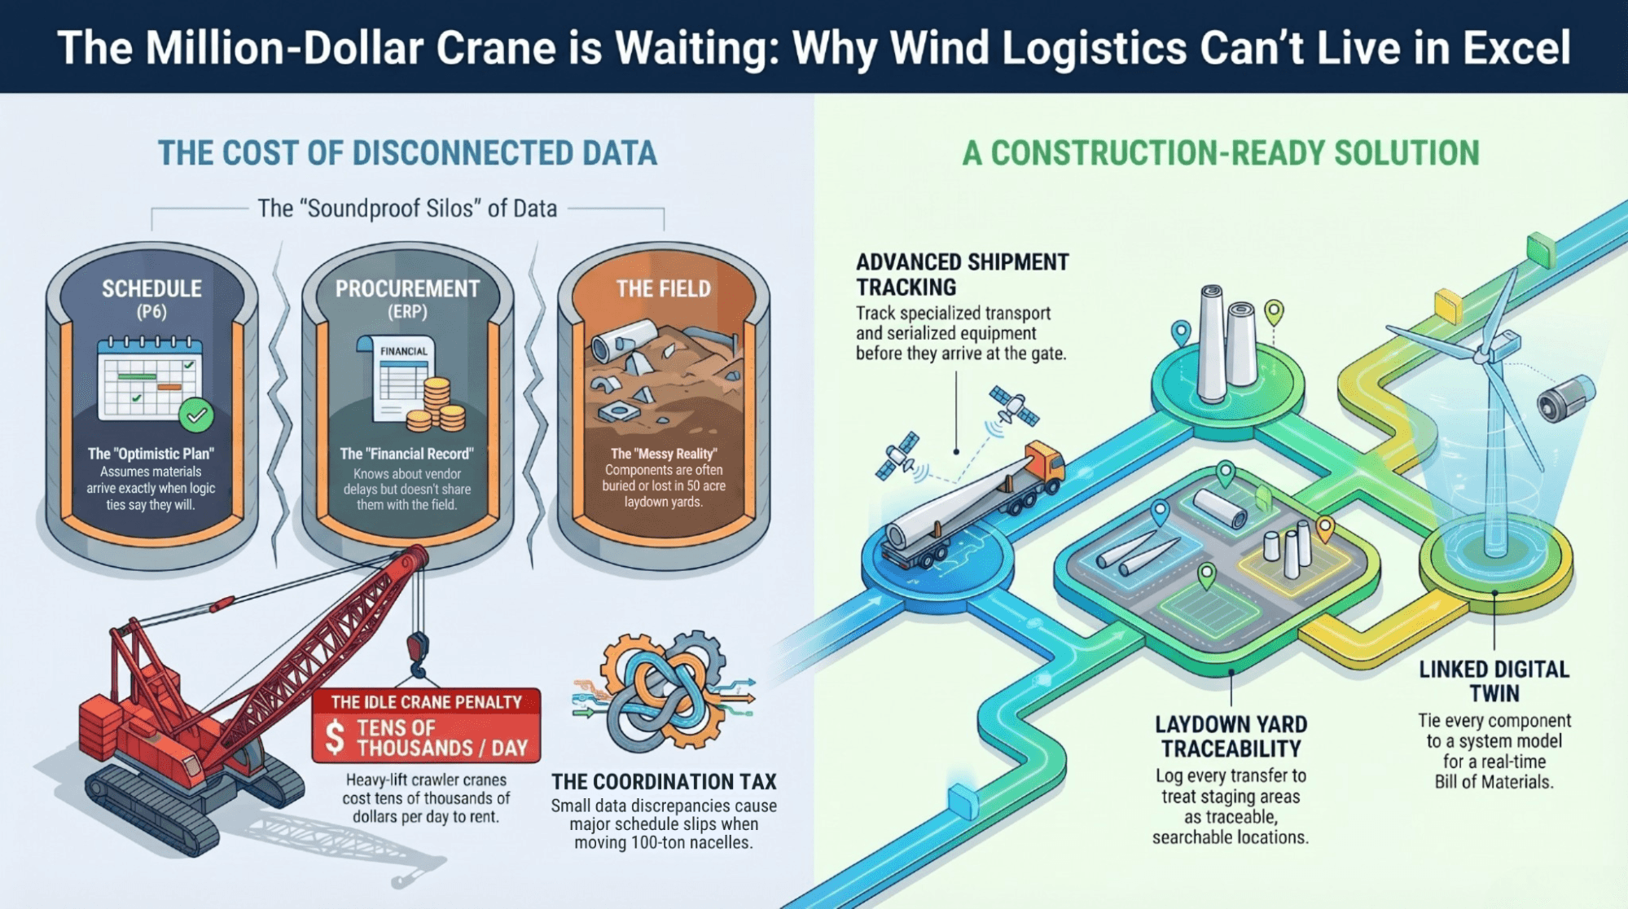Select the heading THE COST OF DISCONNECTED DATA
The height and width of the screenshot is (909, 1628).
pos(407,153)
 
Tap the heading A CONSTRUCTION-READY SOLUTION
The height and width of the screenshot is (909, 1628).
pos(1220,153)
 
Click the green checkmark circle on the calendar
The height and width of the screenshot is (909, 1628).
pos(196,415)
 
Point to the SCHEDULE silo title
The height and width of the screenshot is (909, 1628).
pos(151,289)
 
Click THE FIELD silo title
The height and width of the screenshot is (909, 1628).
pos(663,289)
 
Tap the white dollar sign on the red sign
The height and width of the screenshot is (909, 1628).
pos(335,736)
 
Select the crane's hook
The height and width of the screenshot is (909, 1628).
pos(417,656)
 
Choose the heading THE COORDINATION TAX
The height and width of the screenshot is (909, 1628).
pos(664,782)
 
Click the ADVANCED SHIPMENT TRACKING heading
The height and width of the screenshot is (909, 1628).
pos(962,274)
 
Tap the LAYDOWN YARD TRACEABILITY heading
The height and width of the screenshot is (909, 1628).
pos(1231,736)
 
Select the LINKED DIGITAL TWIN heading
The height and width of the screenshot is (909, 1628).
pos(1494,681)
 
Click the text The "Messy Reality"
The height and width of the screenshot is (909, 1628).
pos(664,454)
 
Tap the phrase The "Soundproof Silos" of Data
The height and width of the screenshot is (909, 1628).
pos(407,209)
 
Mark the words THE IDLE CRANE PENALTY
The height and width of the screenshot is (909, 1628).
pos(426,702)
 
